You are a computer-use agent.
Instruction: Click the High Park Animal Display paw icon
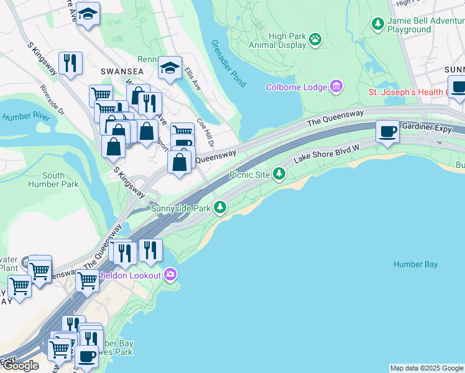[316, 39]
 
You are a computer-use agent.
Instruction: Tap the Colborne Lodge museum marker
[336, 86]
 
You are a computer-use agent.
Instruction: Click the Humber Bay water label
[415, 264]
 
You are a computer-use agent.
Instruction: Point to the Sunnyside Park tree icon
[220, 208]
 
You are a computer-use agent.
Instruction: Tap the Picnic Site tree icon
[279, 175]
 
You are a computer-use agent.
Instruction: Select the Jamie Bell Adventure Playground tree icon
[377, 24]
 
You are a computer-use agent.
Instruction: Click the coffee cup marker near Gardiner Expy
[388, 132]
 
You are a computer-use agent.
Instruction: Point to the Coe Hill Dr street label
[205, 132]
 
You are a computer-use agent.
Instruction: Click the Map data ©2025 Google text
[426, 368]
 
